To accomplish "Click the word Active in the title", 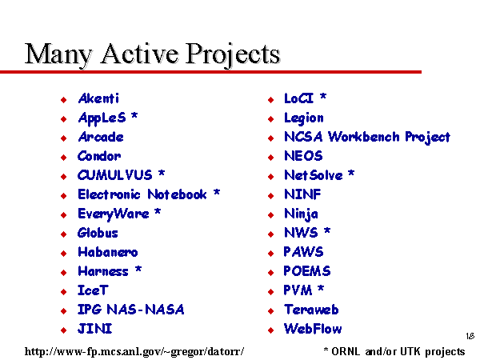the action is point(139,54).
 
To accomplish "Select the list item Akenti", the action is point(98,98).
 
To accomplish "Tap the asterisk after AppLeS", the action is point(134,116).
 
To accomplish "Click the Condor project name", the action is point(99,156).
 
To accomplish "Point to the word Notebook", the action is point(178,194).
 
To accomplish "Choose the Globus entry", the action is point(98,233).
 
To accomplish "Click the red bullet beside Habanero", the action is point(64,253).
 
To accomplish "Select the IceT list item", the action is point(93,290).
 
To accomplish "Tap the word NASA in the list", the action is point(165,310).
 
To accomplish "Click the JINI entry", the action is point(95,329).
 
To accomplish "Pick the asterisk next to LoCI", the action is point(323,97).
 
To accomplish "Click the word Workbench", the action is point(364,137).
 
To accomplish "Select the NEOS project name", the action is point(303,156).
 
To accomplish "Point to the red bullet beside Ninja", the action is point(270,215).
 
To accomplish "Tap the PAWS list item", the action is point(303,252).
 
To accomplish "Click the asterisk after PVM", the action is point(321,288).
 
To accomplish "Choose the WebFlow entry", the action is point(313,329).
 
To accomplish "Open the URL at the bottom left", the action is point(134,351).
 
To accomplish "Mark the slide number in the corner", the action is point(470,336).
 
